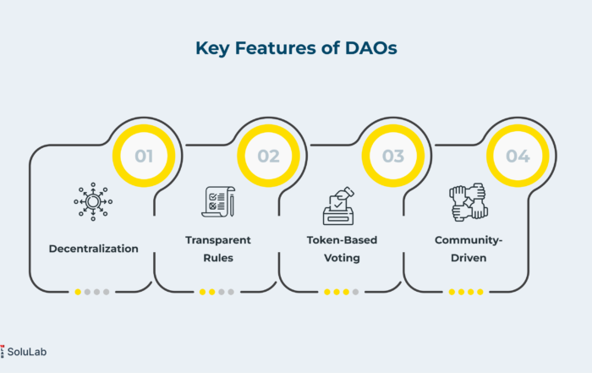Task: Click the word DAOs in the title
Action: coord(370,48)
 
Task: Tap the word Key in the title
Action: coord(212,49)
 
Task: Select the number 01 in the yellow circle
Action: coord(144,156)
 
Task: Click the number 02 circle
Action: coord(268,156)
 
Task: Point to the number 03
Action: coord(393,156)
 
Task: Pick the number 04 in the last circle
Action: coord(518,156)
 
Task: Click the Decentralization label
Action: coord(94,249)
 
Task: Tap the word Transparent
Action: coord(218,240)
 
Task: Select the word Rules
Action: coord(218,258)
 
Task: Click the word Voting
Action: coord(342,258)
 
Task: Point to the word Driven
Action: coord(469,258)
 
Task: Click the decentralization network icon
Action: coord(93,201)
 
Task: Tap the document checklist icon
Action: coord(218,201)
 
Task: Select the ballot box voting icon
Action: coord(338,206)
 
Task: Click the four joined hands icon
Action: coord(469,202)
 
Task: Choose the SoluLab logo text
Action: coord(27,352)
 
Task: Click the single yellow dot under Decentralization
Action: coord(78,292)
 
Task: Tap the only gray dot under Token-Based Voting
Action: coord(355,292)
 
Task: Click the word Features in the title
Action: coord(276,48)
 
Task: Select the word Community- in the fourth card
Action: coord(469,240)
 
